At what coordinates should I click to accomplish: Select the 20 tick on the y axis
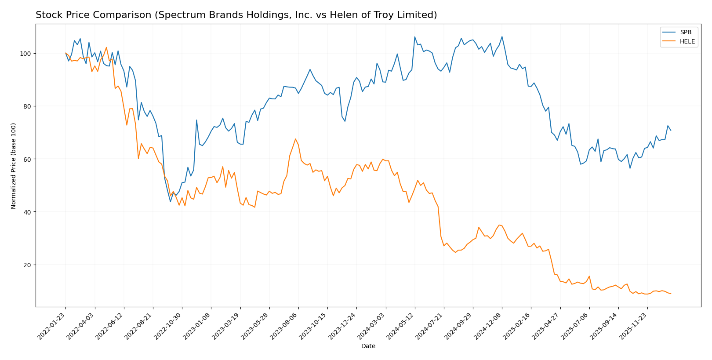29,265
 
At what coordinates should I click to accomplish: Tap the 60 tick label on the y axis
29,159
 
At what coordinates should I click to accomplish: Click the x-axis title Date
368,346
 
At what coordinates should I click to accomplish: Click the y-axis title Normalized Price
14,166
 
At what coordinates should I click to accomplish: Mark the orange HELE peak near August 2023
295,139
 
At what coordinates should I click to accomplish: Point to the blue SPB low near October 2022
171,202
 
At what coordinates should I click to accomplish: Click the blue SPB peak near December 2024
502,36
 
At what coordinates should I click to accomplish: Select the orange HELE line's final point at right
671,294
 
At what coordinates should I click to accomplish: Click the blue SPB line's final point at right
671,131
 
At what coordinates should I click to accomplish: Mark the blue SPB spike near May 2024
414,37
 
